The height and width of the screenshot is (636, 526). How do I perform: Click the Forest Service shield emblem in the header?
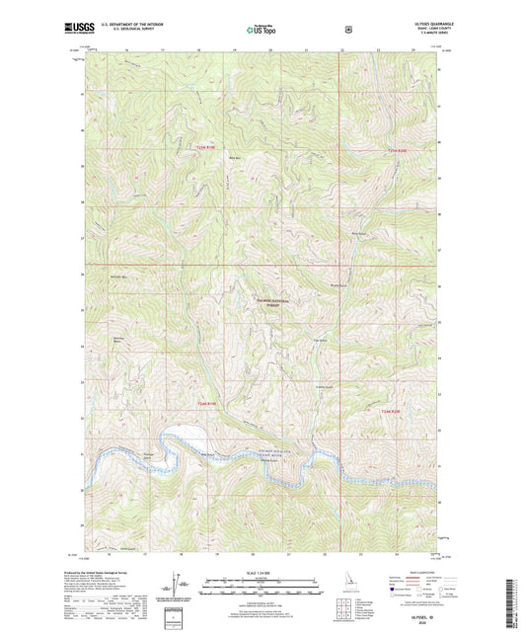pyautogui.click(x=347, y=30)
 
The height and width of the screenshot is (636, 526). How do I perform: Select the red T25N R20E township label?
pyautogui.click(x=398, y=149)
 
